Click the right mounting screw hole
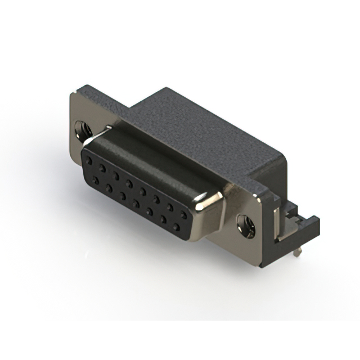click(x=246, y=225)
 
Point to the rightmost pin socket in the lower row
click(x=177, y=227)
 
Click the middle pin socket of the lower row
click(x=136, y=204)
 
